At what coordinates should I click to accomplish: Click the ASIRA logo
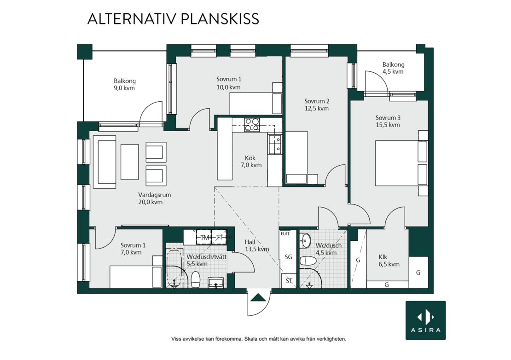(x=425, y=320)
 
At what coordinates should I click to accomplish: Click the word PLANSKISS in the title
(x=220, y=19)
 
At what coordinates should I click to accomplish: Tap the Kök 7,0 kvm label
(x=251, y=162)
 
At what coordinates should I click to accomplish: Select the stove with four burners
(x=252, y=125)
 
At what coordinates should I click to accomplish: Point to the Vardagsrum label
(x=155, y=195)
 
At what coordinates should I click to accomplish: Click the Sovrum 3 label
(x=388, y=117)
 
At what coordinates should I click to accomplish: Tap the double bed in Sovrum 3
(x=401, y=163)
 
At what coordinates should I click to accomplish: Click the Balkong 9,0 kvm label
(x=124, y=84)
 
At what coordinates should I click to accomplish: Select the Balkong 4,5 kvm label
(x=393, y=68)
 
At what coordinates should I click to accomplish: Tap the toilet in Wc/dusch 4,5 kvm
(x=308, y=261)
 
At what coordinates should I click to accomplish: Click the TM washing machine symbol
(x=204, y=237)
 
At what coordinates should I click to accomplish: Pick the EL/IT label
(x=285, y=233)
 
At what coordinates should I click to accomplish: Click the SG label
(x=288, y=257)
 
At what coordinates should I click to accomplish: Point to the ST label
(x=289, y=280)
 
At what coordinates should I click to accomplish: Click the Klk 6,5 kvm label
(x=389, y=261)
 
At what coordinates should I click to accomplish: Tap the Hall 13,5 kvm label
(x=257, y=246)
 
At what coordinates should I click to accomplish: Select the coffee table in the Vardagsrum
(x=130, y=162)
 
